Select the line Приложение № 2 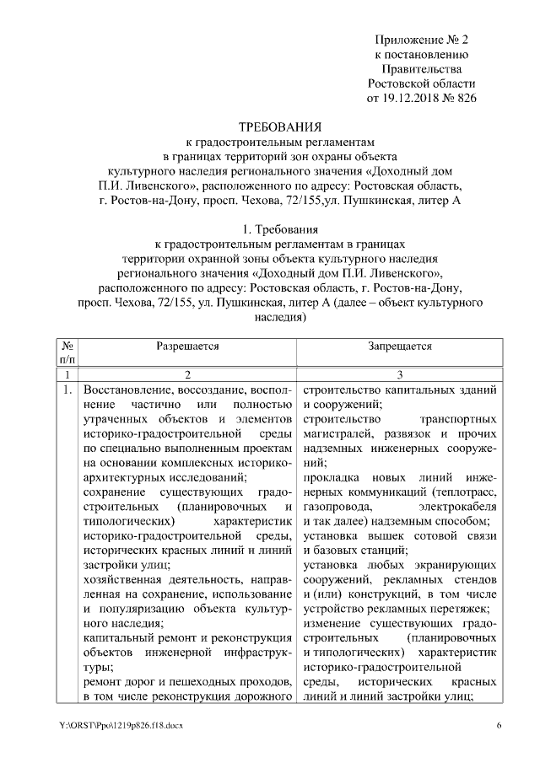pyautogui.click(x=421, y=40)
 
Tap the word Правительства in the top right pyautogui.click(x=421, y=69)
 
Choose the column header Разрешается pyautogui.click(x=187, y=346)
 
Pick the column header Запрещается pyautogui.click(x=400, y=346)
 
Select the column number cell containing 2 pyautogui.click(x=188, y=374)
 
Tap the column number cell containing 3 pyautogui.click(x=400, y=374)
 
